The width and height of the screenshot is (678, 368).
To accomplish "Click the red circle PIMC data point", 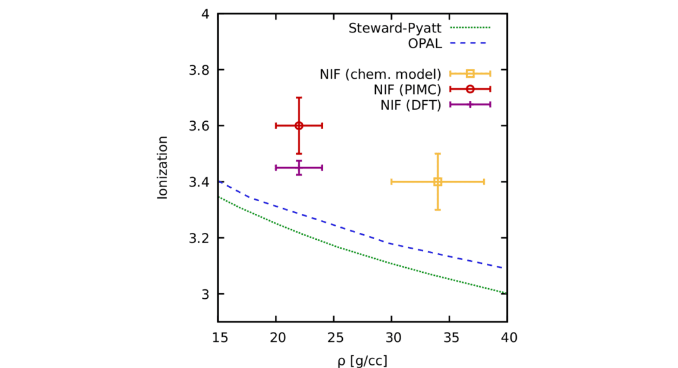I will [x=299, y=126].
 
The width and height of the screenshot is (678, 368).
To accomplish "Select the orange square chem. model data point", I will [x=437, y=181].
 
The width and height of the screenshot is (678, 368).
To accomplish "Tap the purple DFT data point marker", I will [x=299, y=168].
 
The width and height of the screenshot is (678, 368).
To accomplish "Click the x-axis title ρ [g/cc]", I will [x=362, y=360].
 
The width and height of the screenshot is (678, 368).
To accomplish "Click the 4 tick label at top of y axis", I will [x=204, y=14].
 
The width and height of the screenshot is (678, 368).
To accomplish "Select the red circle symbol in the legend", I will [x=470, y=89].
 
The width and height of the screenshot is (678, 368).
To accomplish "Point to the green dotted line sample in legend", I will [x=470, y=29].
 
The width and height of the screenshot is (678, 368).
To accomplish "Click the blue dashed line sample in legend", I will [x=470, y=44].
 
